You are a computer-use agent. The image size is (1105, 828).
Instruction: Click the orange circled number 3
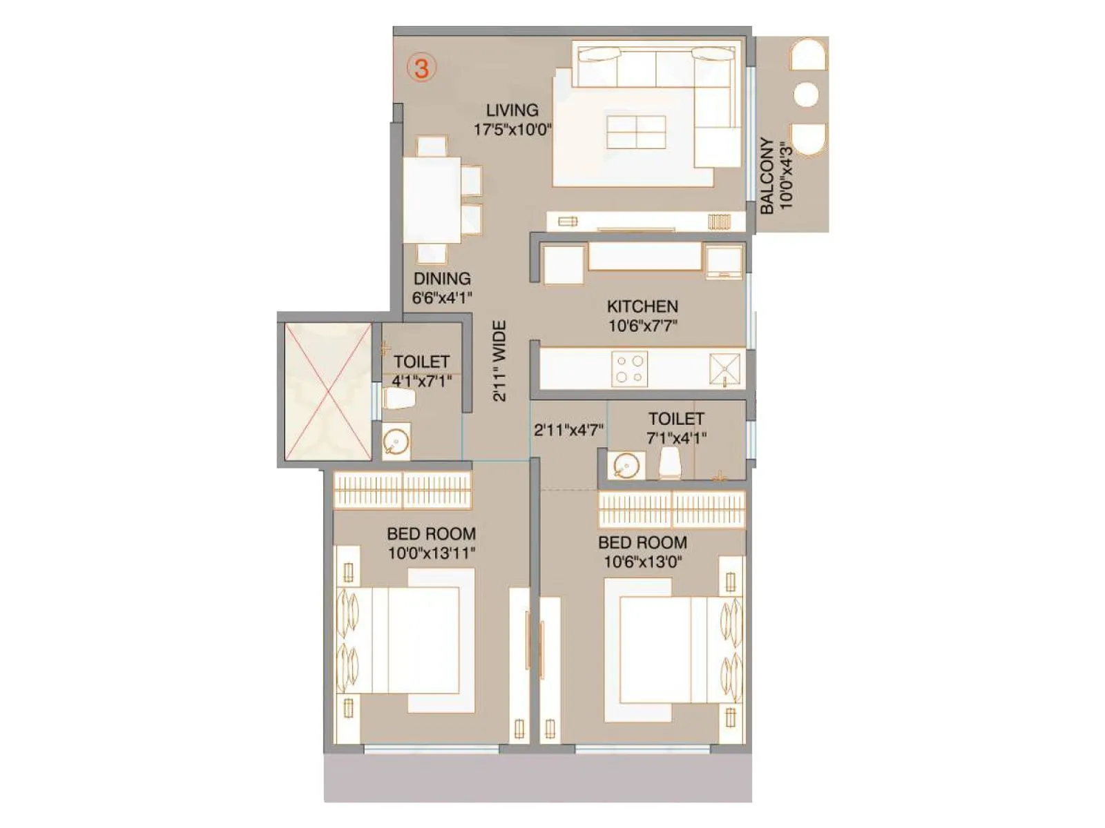421,68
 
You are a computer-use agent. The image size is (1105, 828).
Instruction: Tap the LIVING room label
512,110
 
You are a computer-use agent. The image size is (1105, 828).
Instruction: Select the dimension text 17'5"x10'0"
512,130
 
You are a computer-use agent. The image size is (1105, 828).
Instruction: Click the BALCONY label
767,175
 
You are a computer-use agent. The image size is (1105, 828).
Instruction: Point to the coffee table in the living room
636,132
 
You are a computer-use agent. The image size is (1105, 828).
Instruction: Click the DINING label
442,279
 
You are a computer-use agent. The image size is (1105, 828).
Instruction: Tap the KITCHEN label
642,306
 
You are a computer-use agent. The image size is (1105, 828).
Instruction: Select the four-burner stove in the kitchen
630,369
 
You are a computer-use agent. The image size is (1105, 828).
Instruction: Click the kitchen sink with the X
724,369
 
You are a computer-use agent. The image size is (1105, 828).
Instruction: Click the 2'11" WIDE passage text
500,361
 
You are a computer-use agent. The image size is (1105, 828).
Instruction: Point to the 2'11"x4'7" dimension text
568,431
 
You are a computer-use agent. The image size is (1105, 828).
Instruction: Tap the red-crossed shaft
328,391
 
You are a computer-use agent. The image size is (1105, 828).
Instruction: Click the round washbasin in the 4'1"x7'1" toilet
396,442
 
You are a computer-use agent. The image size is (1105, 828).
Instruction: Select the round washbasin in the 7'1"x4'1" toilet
626,466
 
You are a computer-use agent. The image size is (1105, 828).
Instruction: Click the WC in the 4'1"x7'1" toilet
399,399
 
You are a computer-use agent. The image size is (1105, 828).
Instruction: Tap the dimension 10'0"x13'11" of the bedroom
431,553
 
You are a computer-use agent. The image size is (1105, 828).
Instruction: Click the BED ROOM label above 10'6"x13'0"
642,542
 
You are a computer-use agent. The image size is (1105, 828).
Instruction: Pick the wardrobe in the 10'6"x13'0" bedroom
671,509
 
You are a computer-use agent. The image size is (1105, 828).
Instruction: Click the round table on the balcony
806,95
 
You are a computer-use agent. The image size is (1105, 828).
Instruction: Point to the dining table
432,200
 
